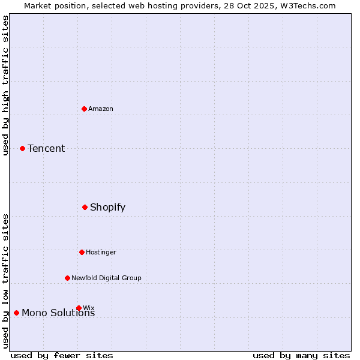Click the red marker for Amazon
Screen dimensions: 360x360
coord(84,109)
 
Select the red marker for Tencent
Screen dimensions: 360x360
coord(22,148)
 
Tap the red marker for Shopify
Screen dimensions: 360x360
coord(85,207)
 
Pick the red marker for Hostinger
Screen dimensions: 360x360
coord(82,252)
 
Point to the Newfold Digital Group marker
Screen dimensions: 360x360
coord(67,278)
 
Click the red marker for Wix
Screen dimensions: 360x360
coord(79,308)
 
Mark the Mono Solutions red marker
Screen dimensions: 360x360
coord(16,313)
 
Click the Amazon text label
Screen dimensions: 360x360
coord(101,109)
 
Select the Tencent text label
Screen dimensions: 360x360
coord(46,148)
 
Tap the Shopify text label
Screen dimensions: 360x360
coord(107,207)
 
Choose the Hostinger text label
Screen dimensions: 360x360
coord(101,252)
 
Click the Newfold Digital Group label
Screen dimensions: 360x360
coord(106,278)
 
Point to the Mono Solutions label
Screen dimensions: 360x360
coord(58,313)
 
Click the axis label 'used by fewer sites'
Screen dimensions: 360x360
coord(62,355)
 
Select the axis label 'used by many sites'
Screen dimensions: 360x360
coord(301,355)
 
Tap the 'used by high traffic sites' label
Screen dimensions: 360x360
coord(5,86)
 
